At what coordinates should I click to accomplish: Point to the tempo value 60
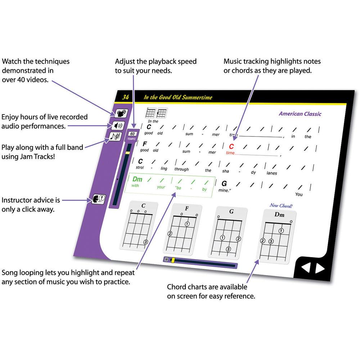132,134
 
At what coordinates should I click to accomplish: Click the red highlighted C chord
231,146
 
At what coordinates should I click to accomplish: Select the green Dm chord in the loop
137,179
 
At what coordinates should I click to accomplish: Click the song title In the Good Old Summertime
178,98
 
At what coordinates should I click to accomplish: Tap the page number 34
125,97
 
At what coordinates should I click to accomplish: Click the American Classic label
300,114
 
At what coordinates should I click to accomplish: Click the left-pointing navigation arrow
305,268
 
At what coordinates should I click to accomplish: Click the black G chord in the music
224,183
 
